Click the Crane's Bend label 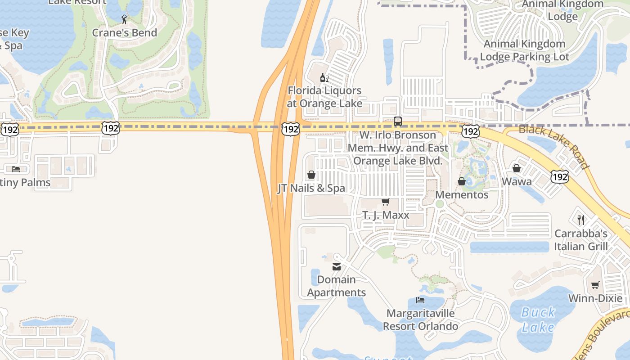125,33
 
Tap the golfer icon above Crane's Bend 125,19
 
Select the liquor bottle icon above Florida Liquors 324,78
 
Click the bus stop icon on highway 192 398,121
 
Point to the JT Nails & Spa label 311,188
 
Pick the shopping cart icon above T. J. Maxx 385,202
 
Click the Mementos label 462,195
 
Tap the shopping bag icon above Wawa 517,169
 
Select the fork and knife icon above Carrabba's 581,220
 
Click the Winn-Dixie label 595,298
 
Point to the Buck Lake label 538,319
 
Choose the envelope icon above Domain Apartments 337,267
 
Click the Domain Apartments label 337,286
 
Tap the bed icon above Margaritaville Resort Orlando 420,300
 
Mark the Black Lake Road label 554,146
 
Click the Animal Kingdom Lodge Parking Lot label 524,50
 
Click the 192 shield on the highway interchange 291,130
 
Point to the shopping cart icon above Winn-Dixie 595,285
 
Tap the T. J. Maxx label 386,215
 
